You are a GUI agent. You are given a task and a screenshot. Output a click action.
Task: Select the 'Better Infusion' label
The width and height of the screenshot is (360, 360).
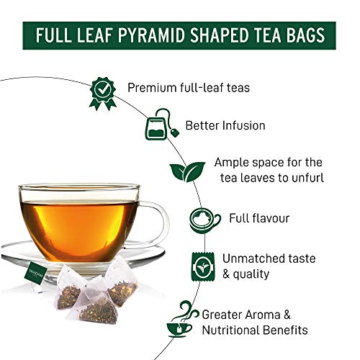click(x=225, y=125)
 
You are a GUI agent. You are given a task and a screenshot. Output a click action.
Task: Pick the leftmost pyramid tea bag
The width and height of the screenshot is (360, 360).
click(x=73, y=285)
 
